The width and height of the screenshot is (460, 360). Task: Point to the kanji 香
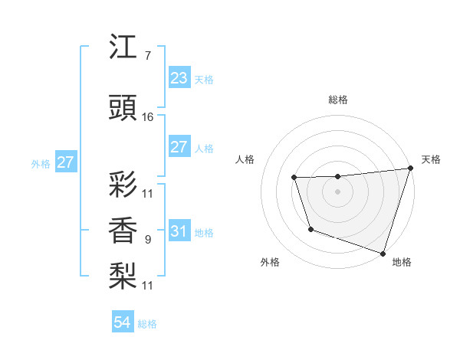click(123, 231)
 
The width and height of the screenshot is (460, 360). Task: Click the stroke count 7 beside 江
click(147, 56)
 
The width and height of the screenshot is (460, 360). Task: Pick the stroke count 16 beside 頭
click(148, 117)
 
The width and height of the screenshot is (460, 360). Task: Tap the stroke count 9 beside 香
click(147, 240)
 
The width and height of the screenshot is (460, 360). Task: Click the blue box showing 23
click(179, 77)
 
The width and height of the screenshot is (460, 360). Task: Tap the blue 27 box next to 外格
click(65, 162)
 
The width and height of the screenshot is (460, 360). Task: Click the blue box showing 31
click(179, 231)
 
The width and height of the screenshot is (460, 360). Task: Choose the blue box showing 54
click(122, 322)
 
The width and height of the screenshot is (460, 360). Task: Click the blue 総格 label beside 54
click(147, 324)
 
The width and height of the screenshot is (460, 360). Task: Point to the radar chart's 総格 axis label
click(338, 100)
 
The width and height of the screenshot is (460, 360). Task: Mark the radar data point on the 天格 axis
click(409, 169)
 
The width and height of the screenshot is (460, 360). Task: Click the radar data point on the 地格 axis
click(383, 253)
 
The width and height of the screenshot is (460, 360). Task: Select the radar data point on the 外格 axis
click(310, 229)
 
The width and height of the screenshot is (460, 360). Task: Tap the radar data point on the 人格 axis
click(294, 178)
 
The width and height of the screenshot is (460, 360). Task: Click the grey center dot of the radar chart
click(338, 191)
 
